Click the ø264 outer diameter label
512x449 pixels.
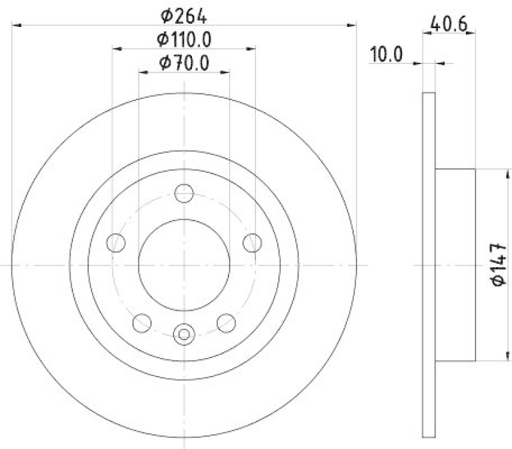pos(184,12)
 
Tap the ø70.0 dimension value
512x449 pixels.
pos(184,63)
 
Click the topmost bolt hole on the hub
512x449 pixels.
pos(184,192)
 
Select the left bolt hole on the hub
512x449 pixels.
pos(116,242)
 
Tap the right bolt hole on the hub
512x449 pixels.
pos(253,242)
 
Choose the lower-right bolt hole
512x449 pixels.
pos(226,322)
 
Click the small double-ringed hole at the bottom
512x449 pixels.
pos(184,333)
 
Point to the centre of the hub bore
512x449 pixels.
pos(184,265)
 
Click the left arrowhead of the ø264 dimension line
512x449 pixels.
pos(16,25)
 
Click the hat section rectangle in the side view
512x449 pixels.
pos(456,265)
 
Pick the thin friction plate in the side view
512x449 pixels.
pos(429,265)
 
